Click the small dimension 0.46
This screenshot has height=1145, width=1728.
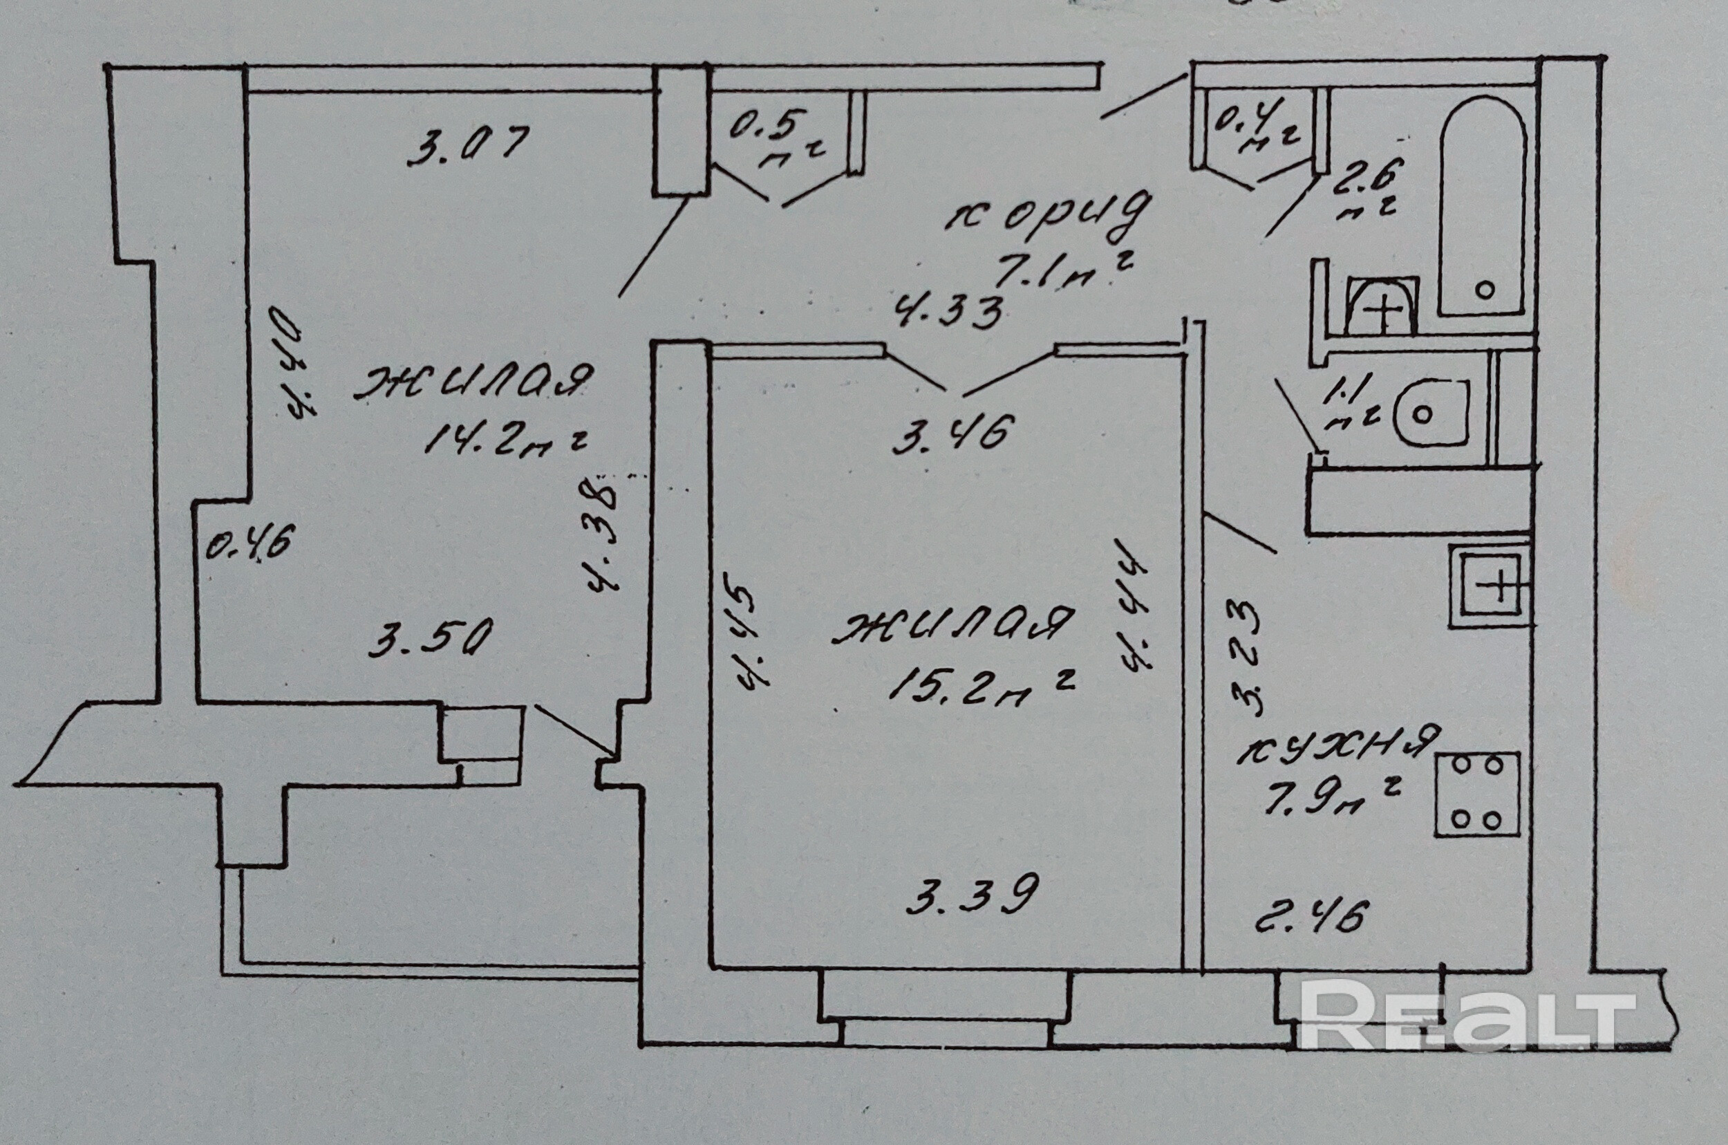tap(248, 544)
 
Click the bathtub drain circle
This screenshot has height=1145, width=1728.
tap(1484, 289)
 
